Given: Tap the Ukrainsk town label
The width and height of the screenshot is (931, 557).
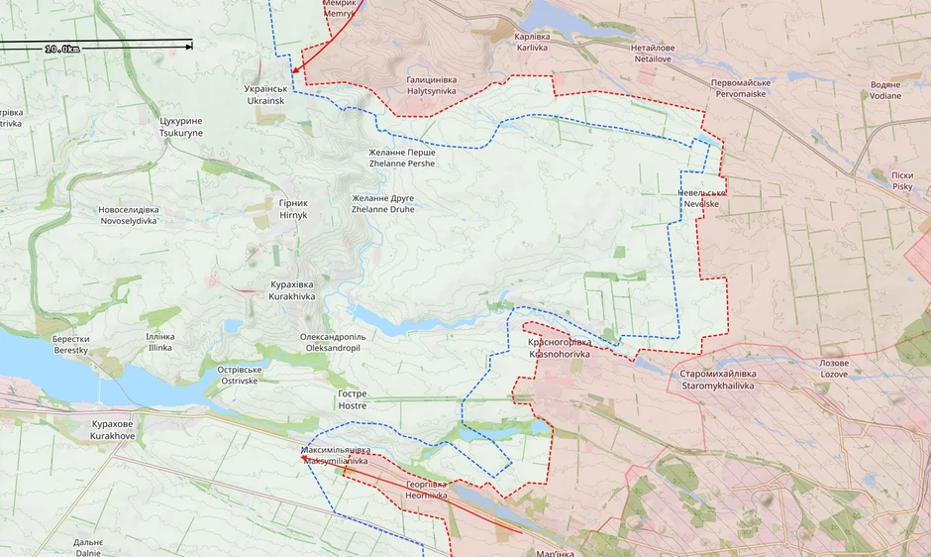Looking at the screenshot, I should (x=265, y=95).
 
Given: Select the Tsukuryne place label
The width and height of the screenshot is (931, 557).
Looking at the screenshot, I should (x=180, y=127).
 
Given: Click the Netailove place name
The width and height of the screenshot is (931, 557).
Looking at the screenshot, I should (x=655, y=54).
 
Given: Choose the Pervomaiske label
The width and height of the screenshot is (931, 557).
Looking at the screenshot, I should (x=751, y=88).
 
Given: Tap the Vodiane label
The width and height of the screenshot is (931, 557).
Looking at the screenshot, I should (x=885, y=90).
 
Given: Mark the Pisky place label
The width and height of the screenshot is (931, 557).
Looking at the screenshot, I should (x=902, y=180).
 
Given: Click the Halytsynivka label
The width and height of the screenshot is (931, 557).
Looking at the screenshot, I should (x=431, y=85).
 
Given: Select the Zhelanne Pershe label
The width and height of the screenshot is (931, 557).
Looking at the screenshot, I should (x=401, y=158).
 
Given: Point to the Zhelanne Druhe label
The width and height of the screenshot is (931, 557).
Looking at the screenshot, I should (x=382, y=204).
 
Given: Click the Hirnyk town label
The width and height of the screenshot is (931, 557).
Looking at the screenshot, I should (x=293, y=209).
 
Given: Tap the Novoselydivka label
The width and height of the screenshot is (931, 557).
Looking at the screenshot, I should (x=128, y=215).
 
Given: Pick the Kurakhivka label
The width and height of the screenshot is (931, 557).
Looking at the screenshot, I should (x=292, y=290).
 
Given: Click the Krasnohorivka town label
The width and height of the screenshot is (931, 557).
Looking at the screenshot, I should (x=559, y=348).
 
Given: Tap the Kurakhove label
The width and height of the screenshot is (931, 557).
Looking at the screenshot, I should (x=112, y=429).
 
